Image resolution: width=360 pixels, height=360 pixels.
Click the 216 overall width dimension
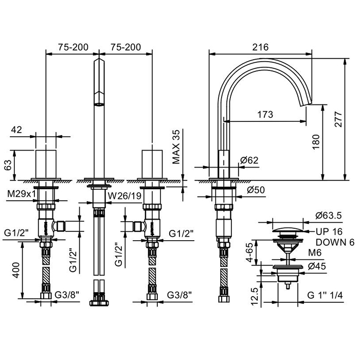point(261,47)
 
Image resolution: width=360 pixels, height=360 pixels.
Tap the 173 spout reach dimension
point(264,115)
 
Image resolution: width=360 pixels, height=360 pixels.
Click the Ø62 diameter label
point(249,160)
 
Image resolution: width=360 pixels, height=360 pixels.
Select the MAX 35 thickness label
point(177,147)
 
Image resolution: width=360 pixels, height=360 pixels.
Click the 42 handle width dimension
point(16,130)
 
